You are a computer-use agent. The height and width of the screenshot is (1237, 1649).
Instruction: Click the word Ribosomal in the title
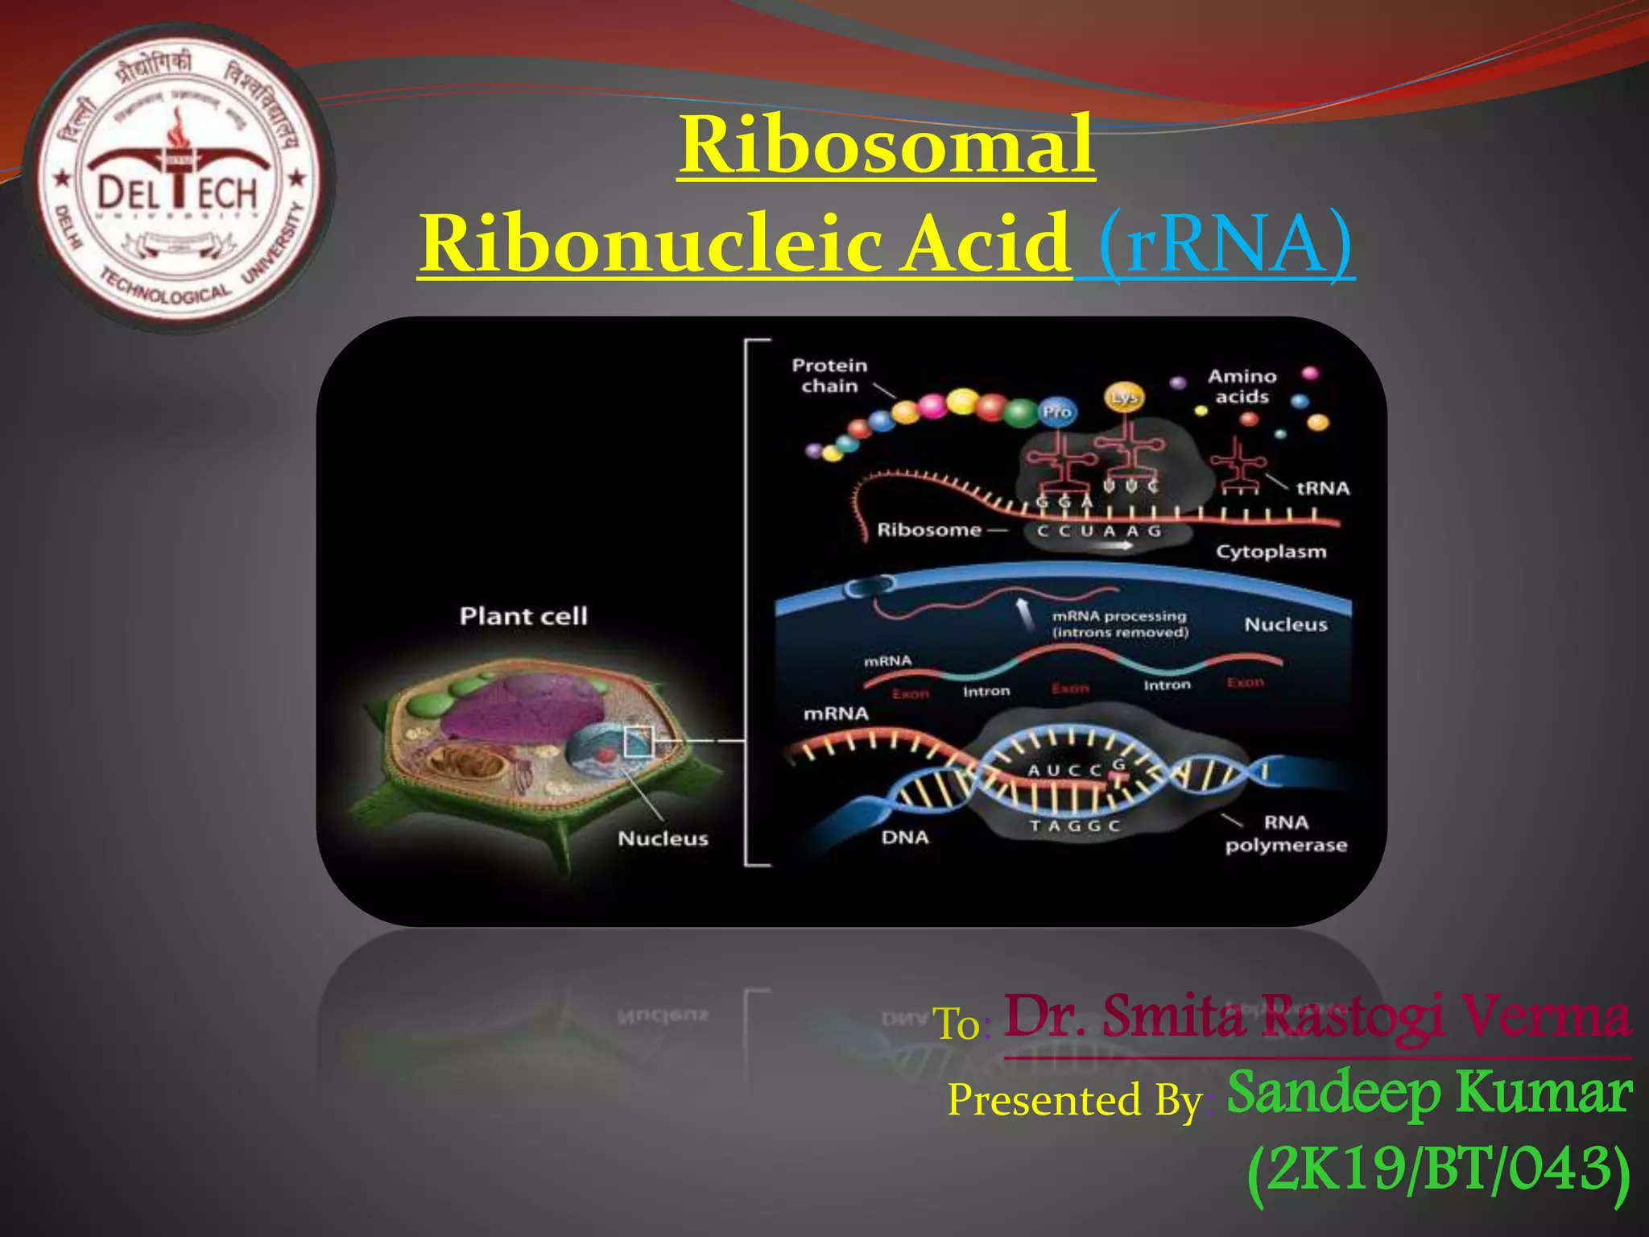(886, 145)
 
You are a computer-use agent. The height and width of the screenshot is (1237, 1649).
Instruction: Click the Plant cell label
(523, 616)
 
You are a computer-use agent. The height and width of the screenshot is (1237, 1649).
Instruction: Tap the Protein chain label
(829, 375)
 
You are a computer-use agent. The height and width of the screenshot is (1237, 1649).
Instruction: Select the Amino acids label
(1242, 386)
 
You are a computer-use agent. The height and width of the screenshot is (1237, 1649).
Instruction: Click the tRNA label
(1322, 488)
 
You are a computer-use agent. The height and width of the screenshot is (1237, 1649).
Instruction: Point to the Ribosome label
(929, 530)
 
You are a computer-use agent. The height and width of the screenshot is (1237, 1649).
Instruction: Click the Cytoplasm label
(1271, 552)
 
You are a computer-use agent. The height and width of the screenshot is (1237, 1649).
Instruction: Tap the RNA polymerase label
(1286, 834)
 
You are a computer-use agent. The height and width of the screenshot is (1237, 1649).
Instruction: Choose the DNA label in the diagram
(905, 838)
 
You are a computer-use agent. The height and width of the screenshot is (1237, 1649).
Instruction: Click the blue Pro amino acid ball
(1056, 412)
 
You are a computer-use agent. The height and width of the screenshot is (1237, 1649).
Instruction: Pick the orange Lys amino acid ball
(1123, 397)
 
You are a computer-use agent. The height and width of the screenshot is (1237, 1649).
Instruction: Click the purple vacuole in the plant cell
(523, 705)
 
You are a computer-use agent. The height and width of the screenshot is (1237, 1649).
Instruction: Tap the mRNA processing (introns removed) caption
(1119, 624)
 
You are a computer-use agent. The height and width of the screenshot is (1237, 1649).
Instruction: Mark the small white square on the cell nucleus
(639, 742)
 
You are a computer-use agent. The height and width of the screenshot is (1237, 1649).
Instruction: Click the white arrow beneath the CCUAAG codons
(1112, 545)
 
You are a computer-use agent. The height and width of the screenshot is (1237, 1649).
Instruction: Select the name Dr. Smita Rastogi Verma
(1317, 1016)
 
